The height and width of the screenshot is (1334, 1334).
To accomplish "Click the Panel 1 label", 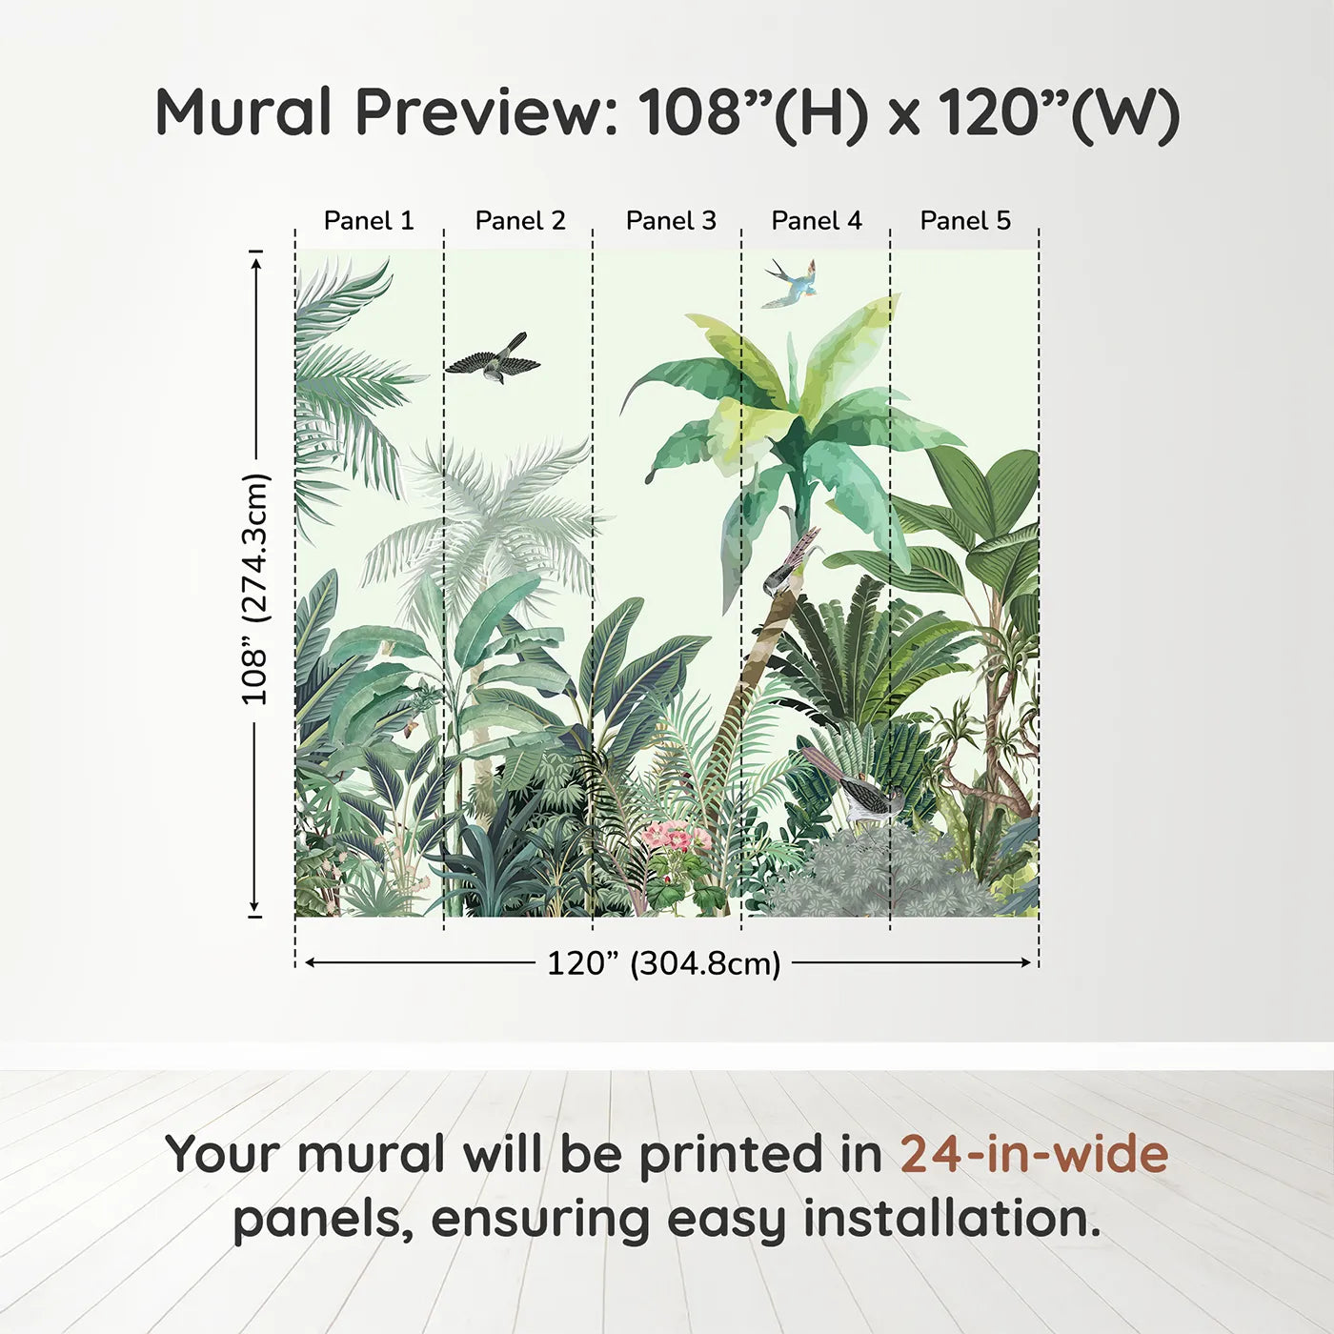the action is (369, 221).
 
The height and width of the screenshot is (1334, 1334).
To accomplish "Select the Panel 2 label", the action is (520, 221).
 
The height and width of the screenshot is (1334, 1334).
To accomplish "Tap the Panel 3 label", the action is (671, 221).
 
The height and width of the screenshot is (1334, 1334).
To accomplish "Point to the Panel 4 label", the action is (817, 221).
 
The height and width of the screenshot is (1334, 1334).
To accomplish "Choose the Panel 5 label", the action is (965, 221).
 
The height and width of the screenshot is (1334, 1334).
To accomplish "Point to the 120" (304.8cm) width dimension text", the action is (664, 963).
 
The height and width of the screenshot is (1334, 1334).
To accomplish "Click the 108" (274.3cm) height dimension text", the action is (254, 589).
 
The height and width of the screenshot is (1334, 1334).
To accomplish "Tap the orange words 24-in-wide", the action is (1034, 1154).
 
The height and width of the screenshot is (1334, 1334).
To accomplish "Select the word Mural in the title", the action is (244, 112).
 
